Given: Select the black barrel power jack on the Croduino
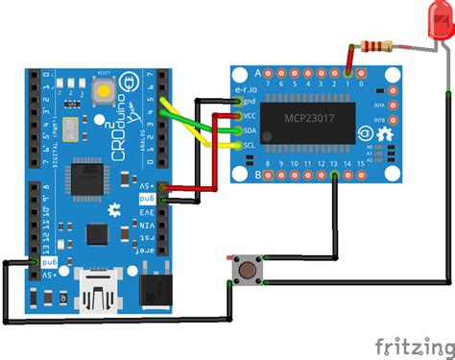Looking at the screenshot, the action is click(x=151, y=288).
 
